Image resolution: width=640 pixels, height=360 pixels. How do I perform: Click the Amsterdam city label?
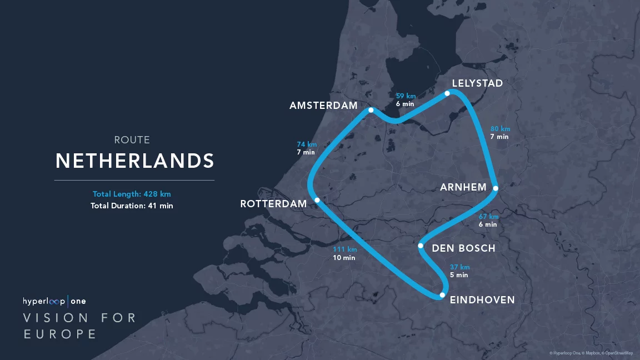pos(323,106)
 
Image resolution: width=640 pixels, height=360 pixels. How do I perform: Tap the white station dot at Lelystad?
pos(447,93)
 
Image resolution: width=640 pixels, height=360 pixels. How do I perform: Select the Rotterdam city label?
pos(273,204)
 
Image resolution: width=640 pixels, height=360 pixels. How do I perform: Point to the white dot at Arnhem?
pos(496,188)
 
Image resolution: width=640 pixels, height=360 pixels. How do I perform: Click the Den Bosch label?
pos(463,248)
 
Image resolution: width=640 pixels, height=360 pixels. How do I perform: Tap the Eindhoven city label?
pos(482,300)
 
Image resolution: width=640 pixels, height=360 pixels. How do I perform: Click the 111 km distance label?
pos(344,249)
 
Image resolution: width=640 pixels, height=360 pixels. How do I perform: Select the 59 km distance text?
pos(406,96)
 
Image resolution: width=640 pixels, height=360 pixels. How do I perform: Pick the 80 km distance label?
pos(500,129)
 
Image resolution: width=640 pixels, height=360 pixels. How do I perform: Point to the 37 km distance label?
pos(459,267)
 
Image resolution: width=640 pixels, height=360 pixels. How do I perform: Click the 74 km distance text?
pos(307,144)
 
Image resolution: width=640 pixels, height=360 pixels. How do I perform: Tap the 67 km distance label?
pos(489,217)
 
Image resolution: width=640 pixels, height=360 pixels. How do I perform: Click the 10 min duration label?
pos(344,258)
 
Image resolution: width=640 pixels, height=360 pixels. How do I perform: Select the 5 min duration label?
pos(459,275)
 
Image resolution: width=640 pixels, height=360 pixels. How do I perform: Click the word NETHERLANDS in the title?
pos(135,161)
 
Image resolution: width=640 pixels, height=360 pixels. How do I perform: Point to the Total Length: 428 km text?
pos(132,194)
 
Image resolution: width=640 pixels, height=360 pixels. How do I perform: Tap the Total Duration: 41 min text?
pos(132,206)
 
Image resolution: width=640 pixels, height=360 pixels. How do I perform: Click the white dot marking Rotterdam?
pos(317,200)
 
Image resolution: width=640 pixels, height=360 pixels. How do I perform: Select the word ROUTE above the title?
pos(132,140)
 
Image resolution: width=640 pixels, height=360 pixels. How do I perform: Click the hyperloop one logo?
pos(54,301)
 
